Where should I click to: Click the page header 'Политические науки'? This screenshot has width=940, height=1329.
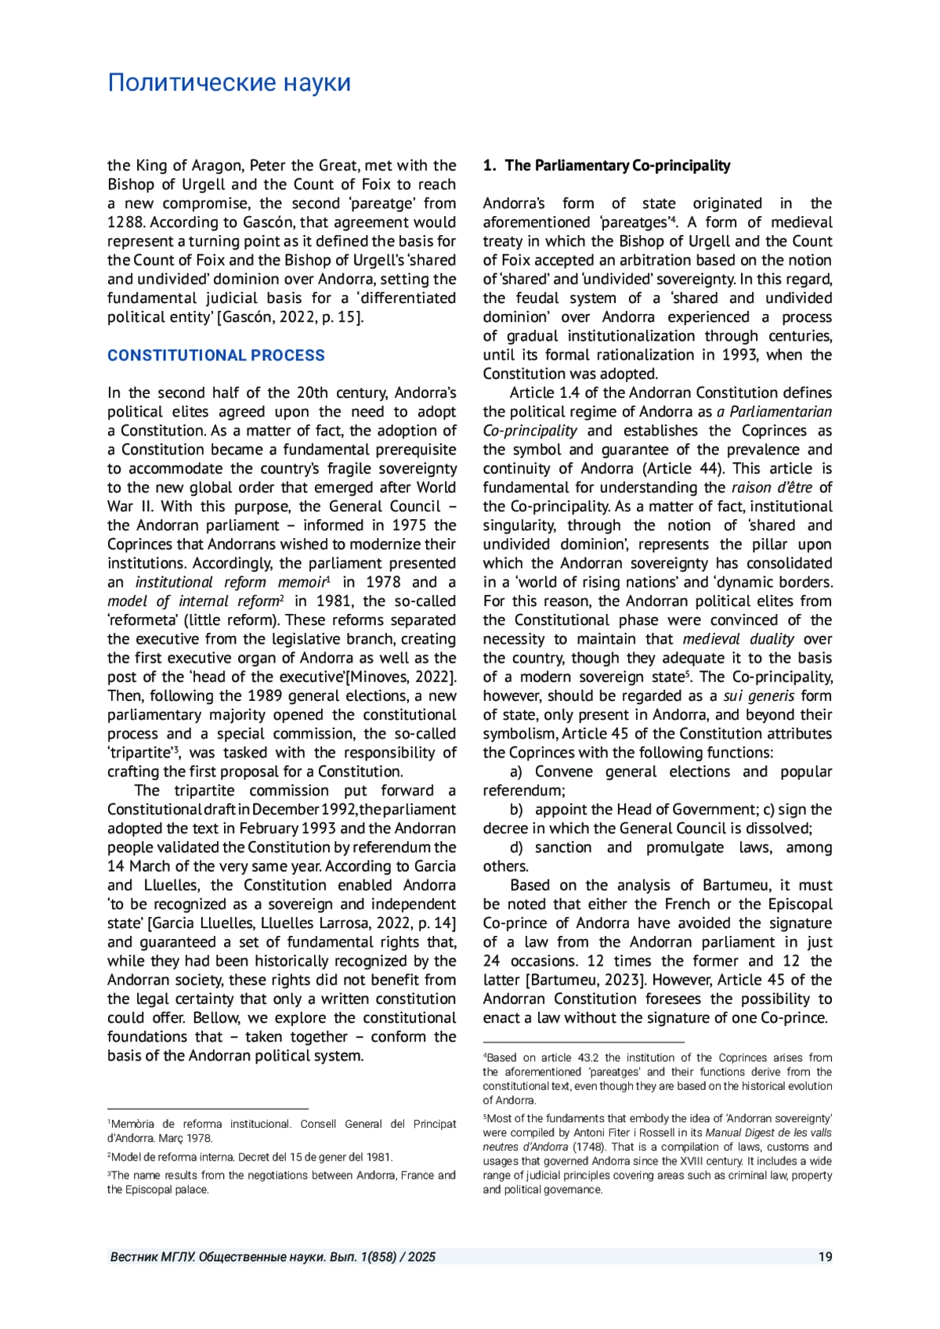[229, 83]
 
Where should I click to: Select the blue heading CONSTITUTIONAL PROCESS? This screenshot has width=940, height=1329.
[215, 356]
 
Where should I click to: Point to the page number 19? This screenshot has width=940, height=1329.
[825, 1257]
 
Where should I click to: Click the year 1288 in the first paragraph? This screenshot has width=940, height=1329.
[125, 222]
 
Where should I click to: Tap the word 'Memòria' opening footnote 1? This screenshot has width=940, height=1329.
[133, 1125]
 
